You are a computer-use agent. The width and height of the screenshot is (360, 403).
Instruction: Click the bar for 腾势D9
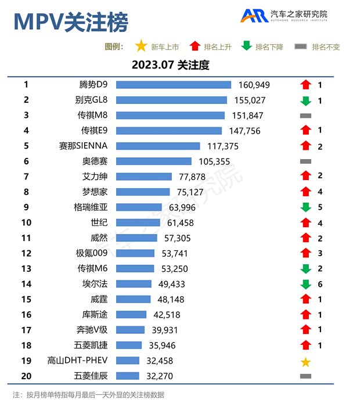click(x=174, y=85)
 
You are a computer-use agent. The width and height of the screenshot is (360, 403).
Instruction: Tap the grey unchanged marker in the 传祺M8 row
click(x=305, y=116)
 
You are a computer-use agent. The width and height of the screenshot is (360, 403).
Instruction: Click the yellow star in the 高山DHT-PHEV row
click(x=305, y=362)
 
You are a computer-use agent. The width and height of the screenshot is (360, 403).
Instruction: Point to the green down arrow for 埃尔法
click(x=305, y=284)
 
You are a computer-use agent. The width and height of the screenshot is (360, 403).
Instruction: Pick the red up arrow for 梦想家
click(x=305, y=192)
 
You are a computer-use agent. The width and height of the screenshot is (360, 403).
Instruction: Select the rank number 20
click(x=26, y=376)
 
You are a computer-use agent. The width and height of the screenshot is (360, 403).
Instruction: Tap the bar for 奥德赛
click(x=153, y=161)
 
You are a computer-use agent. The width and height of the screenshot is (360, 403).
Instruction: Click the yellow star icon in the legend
click(x=140, y=46)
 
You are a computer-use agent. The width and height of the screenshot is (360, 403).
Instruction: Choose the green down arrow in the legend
click(x=247, y=46)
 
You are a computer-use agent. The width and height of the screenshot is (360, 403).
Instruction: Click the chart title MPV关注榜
click(x=71, y=22)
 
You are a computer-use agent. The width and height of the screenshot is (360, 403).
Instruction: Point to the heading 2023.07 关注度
click(x=170, y=65)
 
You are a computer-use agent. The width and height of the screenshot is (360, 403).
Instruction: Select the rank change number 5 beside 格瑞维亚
click(x=320, y=207)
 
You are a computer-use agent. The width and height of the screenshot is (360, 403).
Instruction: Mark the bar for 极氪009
click(x=135, y=253)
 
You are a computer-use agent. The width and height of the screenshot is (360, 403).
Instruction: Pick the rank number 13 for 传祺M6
click(x=26, y=268)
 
